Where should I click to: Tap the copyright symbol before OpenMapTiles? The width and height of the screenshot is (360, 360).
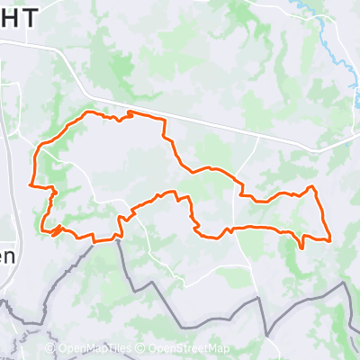(x=50, y=349)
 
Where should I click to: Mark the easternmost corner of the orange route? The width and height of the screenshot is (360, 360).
(x=331, y=239)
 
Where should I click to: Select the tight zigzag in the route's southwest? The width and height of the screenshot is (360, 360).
(x=57, y=230)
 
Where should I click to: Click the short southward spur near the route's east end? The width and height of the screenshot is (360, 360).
(x=301, y=246)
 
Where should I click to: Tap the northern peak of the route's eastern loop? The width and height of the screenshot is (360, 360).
(x=311, y=187)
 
